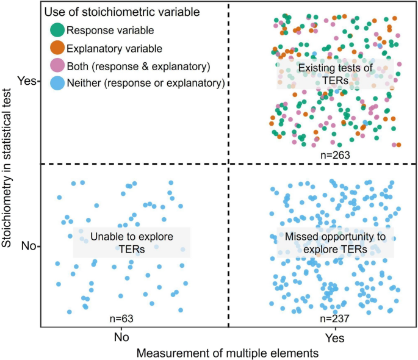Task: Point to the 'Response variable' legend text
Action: tap(102, 29)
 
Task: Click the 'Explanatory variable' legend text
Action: tap(106, 47)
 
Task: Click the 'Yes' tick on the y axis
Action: tap(27, 81)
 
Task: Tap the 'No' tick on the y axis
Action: tap(28, 247)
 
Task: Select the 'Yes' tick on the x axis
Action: tap(334, 337)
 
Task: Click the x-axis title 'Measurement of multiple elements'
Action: tap(228, 352)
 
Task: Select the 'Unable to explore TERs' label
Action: tap(132, 242)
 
